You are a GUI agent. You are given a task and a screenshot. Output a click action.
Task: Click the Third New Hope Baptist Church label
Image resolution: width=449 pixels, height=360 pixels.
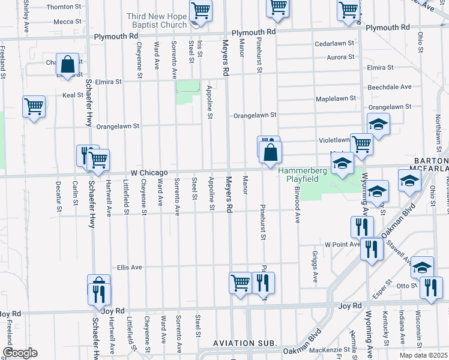pos(157,20)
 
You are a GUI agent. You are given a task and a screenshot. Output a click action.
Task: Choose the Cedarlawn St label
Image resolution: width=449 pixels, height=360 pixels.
pos(334,44)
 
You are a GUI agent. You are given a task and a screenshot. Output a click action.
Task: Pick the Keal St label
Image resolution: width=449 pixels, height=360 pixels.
pos(73,95)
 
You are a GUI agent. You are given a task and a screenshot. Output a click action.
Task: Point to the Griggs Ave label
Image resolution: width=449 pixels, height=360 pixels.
pos(315,266)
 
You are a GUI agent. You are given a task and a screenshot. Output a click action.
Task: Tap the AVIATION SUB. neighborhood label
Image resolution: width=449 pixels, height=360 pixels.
pos(245,343)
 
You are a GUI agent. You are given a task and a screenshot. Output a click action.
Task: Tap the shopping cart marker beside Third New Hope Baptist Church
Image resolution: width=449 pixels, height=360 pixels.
pos(200,10)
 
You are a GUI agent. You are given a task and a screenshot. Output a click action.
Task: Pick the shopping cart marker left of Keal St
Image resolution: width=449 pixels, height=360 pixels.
pos(34,107)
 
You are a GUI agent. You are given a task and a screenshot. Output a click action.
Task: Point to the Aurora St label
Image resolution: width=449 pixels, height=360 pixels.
pos(340,57)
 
